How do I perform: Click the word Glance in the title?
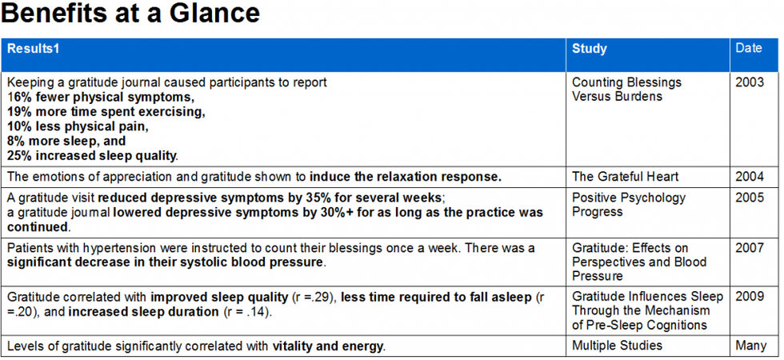tap(216, 14)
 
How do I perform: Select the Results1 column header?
tap(33, 49)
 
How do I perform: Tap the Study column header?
tap(590, 49)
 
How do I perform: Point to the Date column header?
tap(749, 48)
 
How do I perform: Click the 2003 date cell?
tap(750, 82)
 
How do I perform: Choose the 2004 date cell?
tap(750, 177)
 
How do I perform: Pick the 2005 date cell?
tap(750, 198)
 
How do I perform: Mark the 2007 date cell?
tap(750, 248)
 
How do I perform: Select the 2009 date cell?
tap(750, 297)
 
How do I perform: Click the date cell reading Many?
tap(751, 346)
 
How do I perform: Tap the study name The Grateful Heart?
tap(626, 177)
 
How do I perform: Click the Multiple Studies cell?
tap(617, 346)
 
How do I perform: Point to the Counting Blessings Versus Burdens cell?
tap(626, 89)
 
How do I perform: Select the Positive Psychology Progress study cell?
tap(629, 205)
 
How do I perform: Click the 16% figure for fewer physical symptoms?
tap(19, 97)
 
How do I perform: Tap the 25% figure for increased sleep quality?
tap(19, 155)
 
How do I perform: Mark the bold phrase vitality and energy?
tap(328, 346)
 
